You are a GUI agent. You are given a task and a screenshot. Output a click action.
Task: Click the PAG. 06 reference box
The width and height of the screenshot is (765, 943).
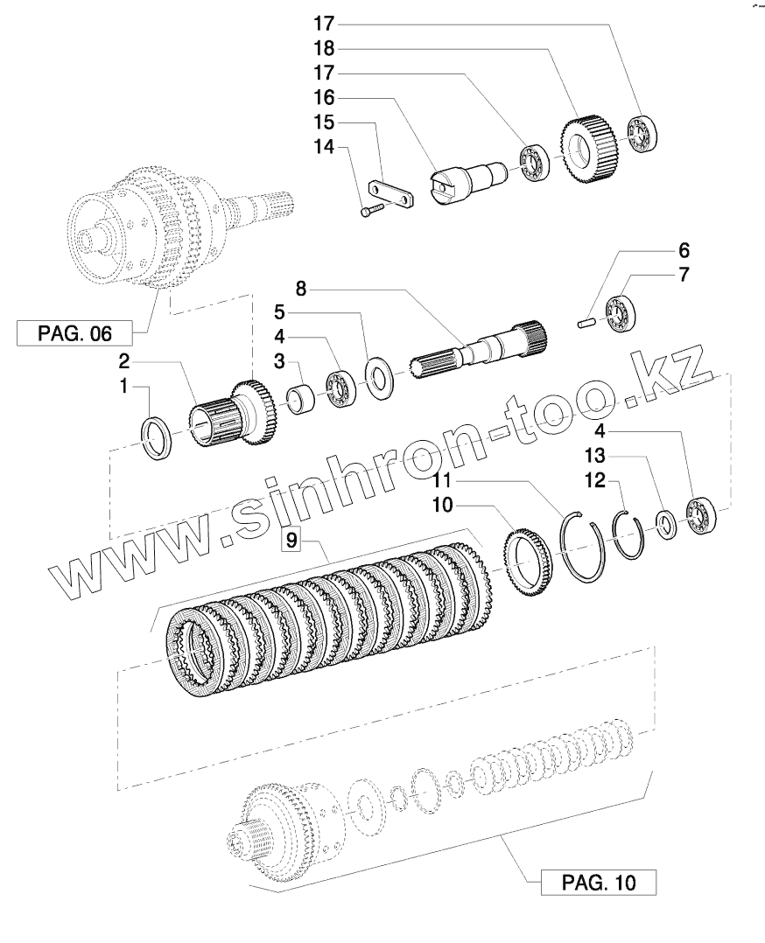tap(74, 333)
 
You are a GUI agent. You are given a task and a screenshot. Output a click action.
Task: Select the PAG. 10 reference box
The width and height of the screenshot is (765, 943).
tap(598, 883)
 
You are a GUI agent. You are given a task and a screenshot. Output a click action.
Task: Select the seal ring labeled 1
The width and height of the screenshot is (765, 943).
tap(159, 434)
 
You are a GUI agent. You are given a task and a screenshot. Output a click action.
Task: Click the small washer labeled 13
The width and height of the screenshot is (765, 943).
tap(666, 523)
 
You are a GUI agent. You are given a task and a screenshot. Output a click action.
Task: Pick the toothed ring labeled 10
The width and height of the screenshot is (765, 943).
tap(529, 562)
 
